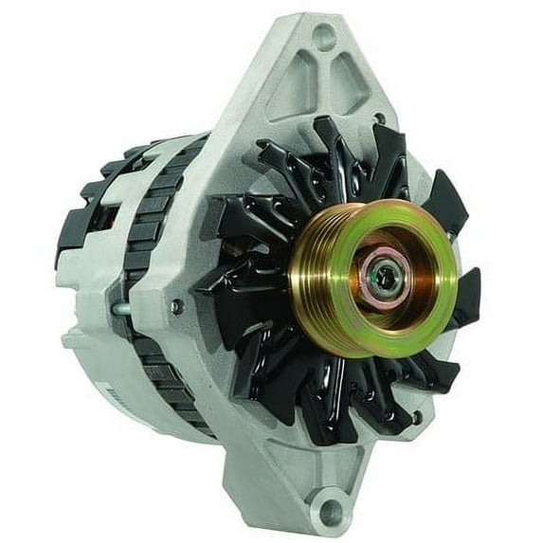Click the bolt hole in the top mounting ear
click(323, 38)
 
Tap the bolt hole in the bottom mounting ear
click(332, 511)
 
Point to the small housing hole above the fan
click(378, 119)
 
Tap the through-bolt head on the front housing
click(177, 306)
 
